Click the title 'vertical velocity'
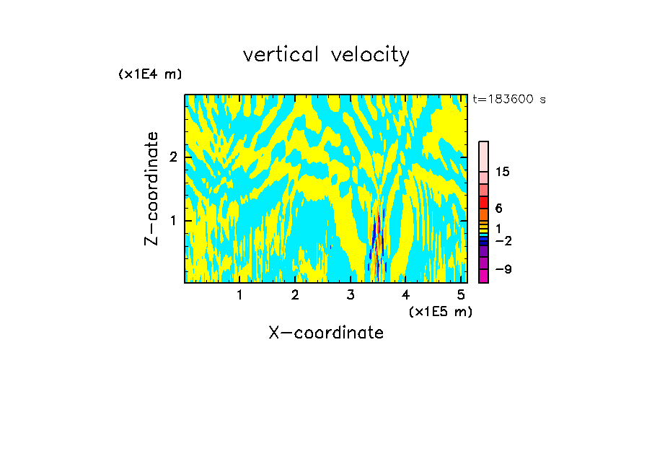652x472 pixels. pyautogui.click(x=326, y=55)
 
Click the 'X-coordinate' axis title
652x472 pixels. pyautogui.click(x=326, y=333)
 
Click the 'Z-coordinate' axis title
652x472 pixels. pyautogui.click(x=151, y=188)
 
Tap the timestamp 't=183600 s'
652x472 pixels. pyautogui.click(x=509, y=100)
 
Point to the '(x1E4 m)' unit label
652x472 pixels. pyautogui.click(x=150, y=74)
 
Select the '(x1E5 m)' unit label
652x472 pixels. pyautogui.click(x=440, y=311)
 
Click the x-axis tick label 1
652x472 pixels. pyautogui.click(x=239, y=295)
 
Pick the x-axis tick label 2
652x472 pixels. pyautogui.click(x=295, y=295)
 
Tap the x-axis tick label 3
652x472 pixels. pyautogui.click(x=351, y=295)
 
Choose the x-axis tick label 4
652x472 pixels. pyautogui.click(x=406, y=295)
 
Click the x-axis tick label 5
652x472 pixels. pyautogui.click(x=461, y=295)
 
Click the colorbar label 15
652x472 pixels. pyautogui.click(x=503, y=172)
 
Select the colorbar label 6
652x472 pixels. pyautogui.click(x=498, y=209)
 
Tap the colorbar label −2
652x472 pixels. pyautogui.click(x=503, y=241)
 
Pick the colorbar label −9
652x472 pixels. pyautogui.click(x=503, y=269)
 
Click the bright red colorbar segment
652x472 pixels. pyautogui.click(x=483, y=201)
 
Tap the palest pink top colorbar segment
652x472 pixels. pyautogui.click(x=483, y=156)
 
